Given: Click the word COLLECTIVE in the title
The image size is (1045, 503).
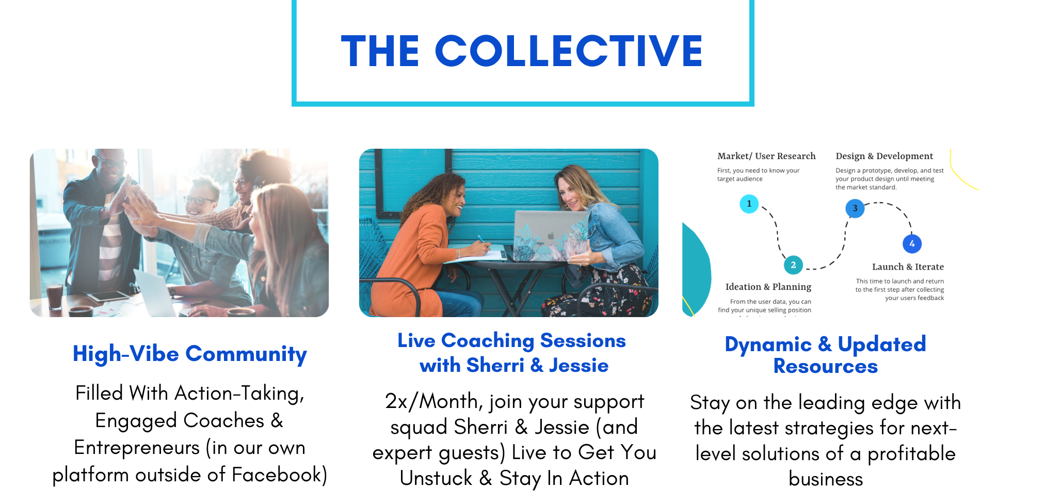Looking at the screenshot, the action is point(569,51).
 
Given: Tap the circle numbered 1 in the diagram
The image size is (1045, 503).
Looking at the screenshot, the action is point(749,203).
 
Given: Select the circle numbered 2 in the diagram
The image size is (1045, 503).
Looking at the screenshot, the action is point(793,265).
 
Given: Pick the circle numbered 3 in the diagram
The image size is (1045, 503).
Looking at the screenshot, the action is point(855,208).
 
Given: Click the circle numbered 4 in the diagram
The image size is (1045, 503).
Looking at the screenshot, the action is point(912,244).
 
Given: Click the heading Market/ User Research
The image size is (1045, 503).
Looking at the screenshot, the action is point(766,156).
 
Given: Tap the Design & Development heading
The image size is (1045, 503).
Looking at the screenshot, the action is point(884,156).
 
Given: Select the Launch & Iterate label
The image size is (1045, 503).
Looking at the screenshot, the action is point(908,267).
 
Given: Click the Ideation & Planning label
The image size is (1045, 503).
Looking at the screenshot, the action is point(768,287).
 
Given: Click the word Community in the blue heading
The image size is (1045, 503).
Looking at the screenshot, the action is point(246,354).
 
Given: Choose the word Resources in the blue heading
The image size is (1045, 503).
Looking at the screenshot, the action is point(825,366).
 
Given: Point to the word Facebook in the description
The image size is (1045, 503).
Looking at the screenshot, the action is point(279,475).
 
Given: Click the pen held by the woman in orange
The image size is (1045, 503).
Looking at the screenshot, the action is point(482,240).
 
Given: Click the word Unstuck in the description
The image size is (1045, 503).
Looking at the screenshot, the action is point(436,478).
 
